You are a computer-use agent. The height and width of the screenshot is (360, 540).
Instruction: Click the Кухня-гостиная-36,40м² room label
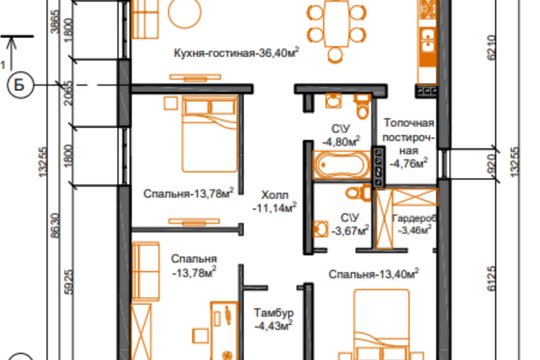click(x=236, y=53)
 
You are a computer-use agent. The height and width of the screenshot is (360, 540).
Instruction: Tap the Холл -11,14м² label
click(x=274, y=201)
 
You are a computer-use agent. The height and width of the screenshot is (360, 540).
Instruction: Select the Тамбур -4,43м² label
click(x=274, y=319)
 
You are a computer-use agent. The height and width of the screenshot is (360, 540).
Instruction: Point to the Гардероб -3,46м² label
click(x=415, y=224)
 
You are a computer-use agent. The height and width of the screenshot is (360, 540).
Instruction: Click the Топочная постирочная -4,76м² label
click(x=408, y=143)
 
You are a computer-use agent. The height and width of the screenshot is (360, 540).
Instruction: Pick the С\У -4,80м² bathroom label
click(x=341, y=136)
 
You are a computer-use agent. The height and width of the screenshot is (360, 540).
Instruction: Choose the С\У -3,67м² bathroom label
click(x=350, y=224)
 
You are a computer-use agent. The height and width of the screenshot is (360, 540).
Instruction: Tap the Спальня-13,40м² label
click(x=373, y=274)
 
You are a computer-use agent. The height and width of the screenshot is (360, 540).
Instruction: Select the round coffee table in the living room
click(x=184, y=11)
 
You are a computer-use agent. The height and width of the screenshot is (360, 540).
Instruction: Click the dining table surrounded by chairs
click(x=336, y=24)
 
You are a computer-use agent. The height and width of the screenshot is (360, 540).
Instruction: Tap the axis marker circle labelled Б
click(x=20, y=85)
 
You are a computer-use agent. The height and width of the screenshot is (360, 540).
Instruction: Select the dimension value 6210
click(x=492, y=48)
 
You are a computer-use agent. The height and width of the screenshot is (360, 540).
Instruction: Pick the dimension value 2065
click(x=68, y=93)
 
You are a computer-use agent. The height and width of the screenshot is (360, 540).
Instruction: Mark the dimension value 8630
click(x=55, y=226)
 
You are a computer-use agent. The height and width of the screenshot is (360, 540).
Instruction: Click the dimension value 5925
click(x=69, y=282)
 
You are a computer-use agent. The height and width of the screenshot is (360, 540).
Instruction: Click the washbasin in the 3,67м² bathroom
click(x=320, y=229)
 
